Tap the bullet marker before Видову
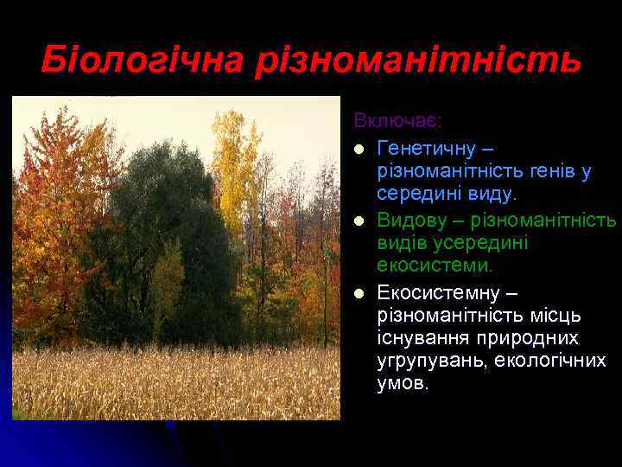coord(359,221)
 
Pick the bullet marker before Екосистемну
coord(359,292)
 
